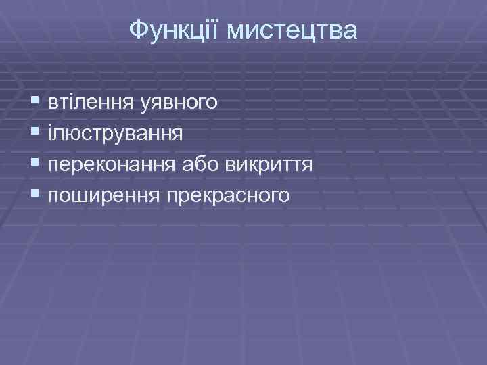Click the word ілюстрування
pos(115,133)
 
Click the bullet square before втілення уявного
pos(35,103)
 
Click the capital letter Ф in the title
pos(137,30)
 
